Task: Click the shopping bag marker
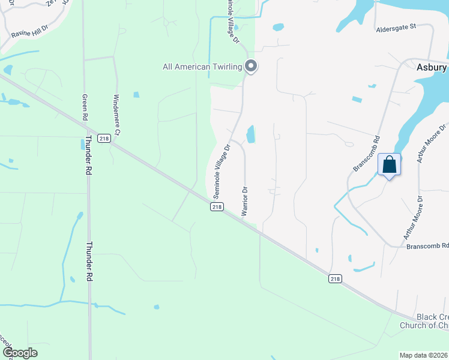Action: [x=389, y=164]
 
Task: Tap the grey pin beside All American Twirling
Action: [x=252, y=67]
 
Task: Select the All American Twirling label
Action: [x=202, y=67]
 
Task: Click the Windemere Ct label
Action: [x=117, y=114]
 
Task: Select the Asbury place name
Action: [x=432, y=68]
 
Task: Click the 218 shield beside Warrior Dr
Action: [x=217, y=207]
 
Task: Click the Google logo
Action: [x=20, y=353]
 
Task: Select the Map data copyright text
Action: [x=424, y=355]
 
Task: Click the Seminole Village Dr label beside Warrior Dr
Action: [x=221, y=171]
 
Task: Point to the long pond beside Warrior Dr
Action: [x=250, y=134]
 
